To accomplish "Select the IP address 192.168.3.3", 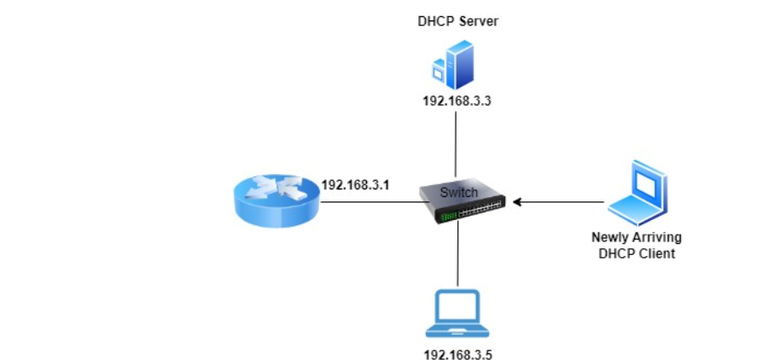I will [458, 102].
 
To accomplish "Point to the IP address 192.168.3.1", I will [356, 183].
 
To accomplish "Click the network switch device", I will [462, 203].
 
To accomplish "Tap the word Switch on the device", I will [459, 193].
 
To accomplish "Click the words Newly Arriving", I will [637, 237].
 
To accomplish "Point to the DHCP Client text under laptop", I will [637, 253].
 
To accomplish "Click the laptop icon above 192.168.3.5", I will [458, 312].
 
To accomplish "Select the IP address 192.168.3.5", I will [458, 351].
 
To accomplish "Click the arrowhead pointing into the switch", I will [515, 202].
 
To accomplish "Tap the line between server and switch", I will [458, 141].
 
